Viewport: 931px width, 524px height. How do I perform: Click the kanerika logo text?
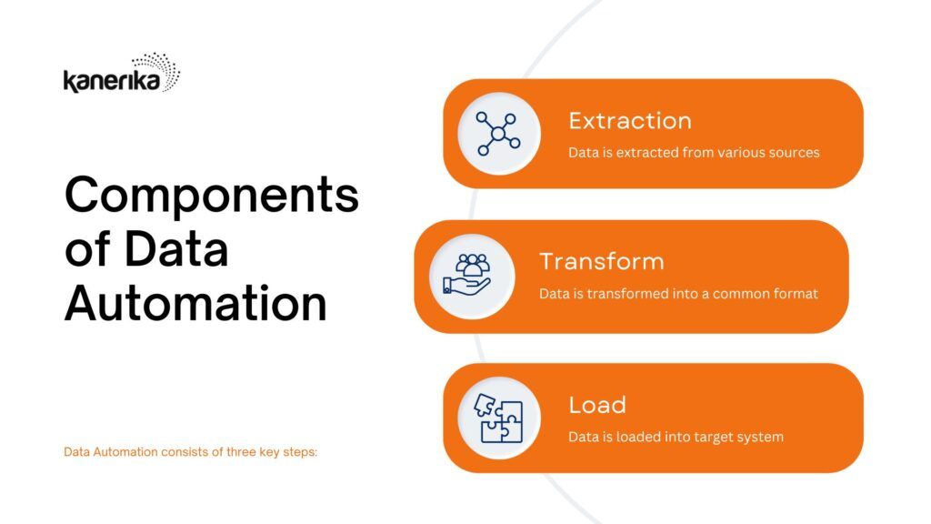[112, 81]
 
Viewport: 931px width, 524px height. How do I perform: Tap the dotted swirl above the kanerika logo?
[156, 69]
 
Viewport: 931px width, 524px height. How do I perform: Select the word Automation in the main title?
[196, 304]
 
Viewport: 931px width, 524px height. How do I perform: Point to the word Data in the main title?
[176, 249]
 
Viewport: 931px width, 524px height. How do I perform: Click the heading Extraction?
[630, 121]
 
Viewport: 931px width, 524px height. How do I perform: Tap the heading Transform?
[602, 261]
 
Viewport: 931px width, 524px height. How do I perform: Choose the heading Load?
[597, 405]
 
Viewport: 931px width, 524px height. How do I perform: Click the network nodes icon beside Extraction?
[498, 134]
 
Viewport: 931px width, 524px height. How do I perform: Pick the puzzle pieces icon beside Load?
[499, 418]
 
